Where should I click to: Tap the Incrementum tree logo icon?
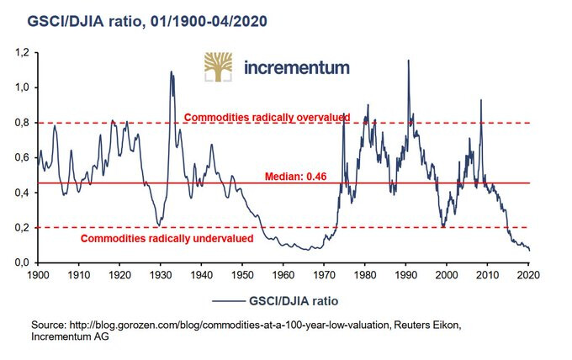coord(220,67)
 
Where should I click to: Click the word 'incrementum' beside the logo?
coord(295,68)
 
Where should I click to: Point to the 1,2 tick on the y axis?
coord(23,52)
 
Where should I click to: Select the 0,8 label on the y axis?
coord(23,123)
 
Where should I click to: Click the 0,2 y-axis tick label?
coord(23,228)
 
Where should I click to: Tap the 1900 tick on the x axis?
coord(37,274)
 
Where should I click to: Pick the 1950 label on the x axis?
coord(241,274)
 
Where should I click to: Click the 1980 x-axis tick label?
coord(364,274)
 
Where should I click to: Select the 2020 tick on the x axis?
coord(528,274)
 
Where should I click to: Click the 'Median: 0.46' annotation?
coord(294,177)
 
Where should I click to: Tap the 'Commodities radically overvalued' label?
coord(266,117)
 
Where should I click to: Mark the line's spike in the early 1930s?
coord(172,72)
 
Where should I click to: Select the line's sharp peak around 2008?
coord(480,100)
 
